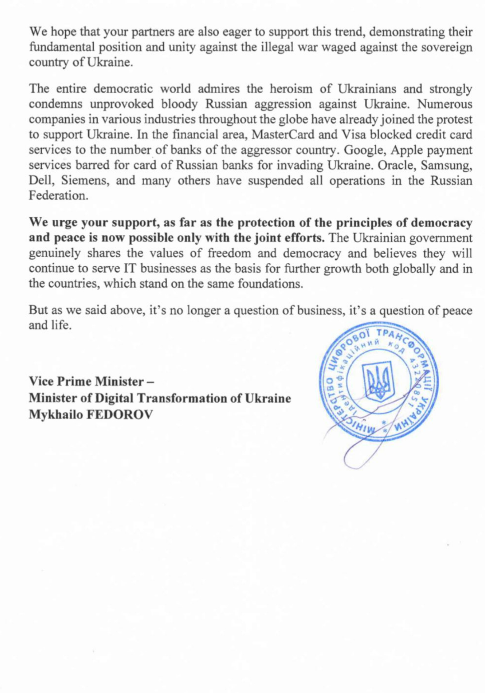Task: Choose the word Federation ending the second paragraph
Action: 58,196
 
